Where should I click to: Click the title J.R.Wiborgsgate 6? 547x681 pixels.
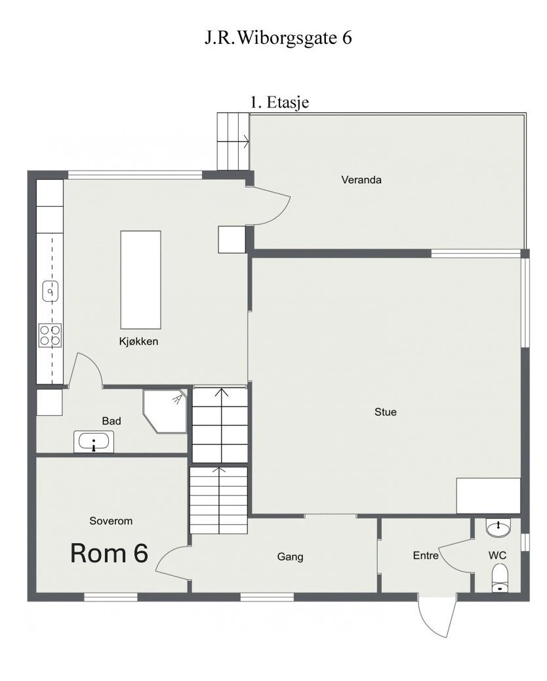click(x=278, y=37)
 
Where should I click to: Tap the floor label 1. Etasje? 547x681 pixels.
click(x=279, y=102)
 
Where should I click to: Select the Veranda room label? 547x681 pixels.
click(x=361, y=180)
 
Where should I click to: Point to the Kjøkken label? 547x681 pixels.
click(x=138, y=341)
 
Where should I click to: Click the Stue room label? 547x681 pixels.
click(x=386, y=412)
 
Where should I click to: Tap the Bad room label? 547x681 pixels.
click(x=111, y=421)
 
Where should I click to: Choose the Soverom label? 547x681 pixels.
click(x=111, y=521)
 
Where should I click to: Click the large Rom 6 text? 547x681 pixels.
click(x=109, y=553)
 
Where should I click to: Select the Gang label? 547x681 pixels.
click(x=290, y=557)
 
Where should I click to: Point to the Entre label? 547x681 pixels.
click(x=426, y=556)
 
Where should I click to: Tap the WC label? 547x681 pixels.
click(x=497, y=556)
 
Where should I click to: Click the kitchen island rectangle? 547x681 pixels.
click(x=140, y=279)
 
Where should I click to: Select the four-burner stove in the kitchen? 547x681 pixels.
click(x=50, y=335)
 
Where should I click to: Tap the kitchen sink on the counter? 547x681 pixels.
click(x=51, y=291)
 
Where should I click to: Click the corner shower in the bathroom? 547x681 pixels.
click(x=165, y=411)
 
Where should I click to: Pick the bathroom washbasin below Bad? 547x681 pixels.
click(x=93, y=442)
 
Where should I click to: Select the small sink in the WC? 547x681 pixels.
click(x=498, y=527)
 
